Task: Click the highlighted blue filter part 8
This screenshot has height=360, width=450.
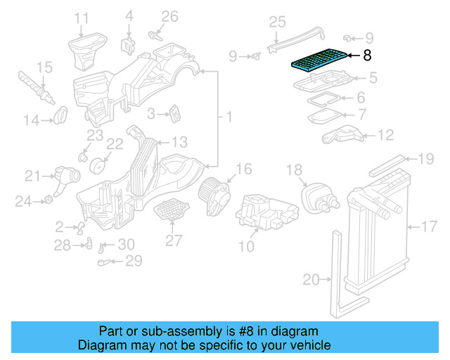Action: coord(320,60)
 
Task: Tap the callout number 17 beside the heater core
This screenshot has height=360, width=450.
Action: coord(429,226)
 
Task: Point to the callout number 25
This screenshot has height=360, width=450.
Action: coord(277,22)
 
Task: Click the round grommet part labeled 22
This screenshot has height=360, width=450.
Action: coord(99,167)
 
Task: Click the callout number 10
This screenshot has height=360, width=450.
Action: coord(246,247)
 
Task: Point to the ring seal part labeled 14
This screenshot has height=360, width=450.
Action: coord(61,113)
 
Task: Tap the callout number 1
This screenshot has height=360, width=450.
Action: coord(228,115)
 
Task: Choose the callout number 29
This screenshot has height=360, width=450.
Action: coord(133,262)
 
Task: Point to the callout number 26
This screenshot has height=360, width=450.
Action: coord(170,16)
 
